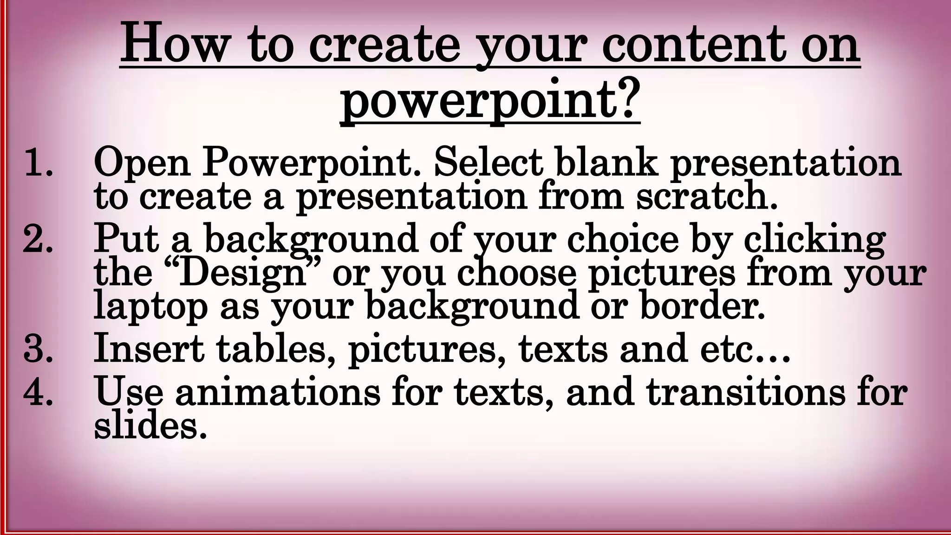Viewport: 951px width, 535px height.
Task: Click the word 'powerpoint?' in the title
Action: [x=490, y=98]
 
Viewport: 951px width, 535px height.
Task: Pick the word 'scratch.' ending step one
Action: [x=706, y=196]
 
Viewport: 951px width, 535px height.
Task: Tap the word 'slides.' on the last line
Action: [x=150, y=426]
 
